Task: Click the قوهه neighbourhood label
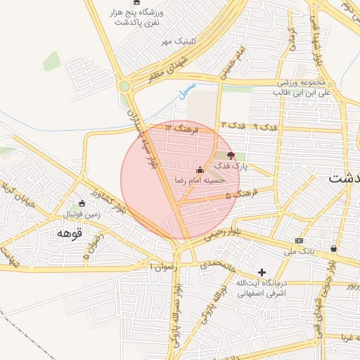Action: (70, 232)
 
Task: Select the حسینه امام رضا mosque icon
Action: (200, 169)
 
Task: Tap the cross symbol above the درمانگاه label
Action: (262, 271)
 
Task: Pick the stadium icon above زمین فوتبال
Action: (82, 203)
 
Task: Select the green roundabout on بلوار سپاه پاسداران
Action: (125, 86)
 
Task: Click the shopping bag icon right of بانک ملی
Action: (333, 249)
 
